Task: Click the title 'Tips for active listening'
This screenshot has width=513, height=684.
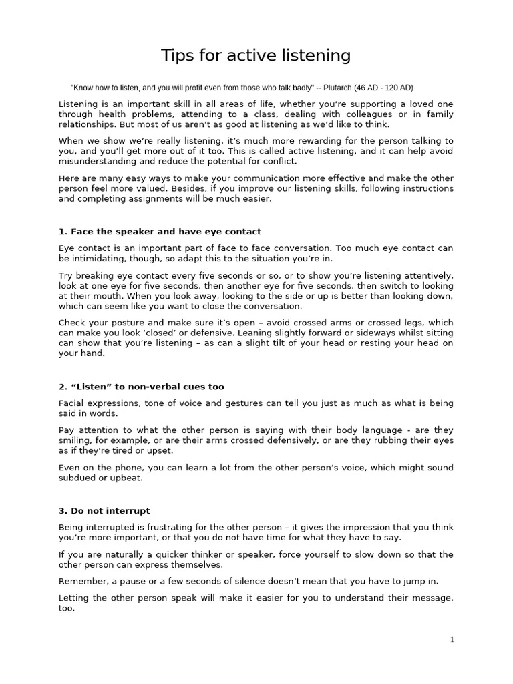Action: click(256, 55)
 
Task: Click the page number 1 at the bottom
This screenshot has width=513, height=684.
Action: click(452, 639)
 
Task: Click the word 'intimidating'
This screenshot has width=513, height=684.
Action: click(100, 259)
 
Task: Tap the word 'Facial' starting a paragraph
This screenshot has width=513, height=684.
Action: click(71, 403)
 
